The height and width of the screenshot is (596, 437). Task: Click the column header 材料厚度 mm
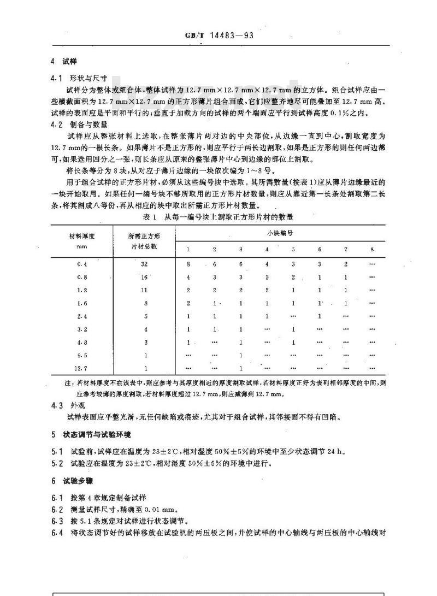coord(82,240)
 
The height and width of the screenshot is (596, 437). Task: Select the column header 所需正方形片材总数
coord(144,240)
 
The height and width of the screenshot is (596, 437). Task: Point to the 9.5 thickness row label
coord(82,355)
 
